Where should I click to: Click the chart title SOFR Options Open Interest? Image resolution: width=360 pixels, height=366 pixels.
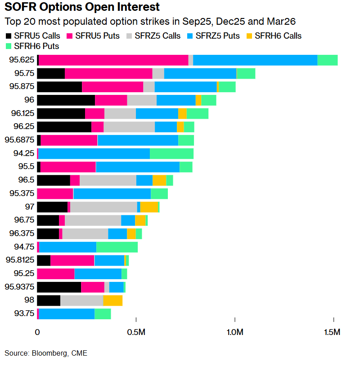[81, 8]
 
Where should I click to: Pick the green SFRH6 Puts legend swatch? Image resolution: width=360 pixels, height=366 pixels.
[8, 46]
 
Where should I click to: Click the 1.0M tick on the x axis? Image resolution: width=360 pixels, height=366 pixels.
[234, 332]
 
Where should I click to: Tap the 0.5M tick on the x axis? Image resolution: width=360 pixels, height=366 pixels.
[136, 332]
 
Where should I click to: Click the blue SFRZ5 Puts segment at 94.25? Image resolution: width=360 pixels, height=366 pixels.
[94, 153]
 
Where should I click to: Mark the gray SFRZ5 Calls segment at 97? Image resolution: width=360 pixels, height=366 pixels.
[103, 207]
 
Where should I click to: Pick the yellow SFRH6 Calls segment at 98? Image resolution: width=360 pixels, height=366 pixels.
[112, 300]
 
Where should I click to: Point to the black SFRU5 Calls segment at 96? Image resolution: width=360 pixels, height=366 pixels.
[66, 100]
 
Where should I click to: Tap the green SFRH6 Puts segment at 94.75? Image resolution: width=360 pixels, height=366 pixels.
[117, 247]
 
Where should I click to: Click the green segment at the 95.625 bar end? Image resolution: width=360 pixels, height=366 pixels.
[328, 60]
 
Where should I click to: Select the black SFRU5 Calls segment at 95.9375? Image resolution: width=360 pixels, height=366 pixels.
[58, 287]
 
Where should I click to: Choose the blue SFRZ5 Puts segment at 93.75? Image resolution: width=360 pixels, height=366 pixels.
[67, 314]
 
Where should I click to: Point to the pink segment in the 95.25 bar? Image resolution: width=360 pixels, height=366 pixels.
[55, 274]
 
